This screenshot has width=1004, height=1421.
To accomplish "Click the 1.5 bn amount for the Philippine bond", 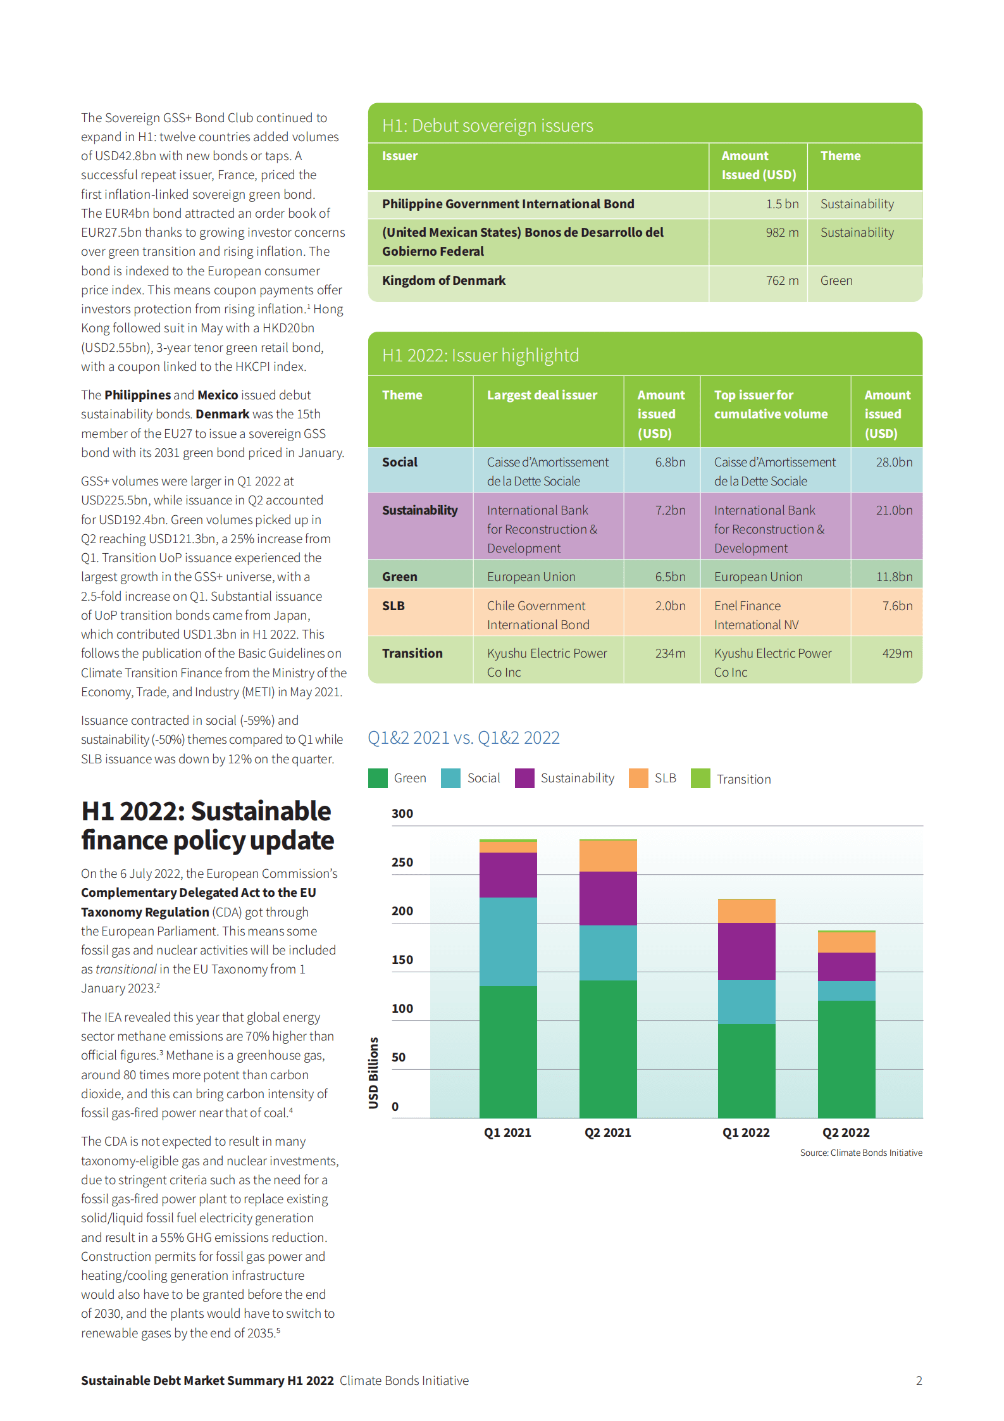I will pos(782,204).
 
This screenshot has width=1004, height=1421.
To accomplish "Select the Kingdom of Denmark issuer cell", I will pos(443,280).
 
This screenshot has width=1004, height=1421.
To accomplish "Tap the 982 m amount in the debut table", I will pos(782,232).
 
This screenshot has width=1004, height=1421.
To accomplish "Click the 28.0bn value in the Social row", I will pos(894,462).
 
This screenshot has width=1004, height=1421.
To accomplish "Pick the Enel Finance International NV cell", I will pos(756,615).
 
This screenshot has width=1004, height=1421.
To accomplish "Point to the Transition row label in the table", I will pos(412,653).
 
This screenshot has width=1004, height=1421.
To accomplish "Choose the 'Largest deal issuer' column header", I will pos(542,395).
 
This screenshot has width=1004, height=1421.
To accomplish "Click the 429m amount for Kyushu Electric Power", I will pos(897,653).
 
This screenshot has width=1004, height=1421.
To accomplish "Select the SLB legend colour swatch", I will pos(638,778).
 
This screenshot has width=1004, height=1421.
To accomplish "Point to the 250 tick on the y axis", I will pos(402,862).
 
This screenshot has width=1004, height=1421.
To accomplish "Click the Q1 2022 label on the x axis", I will pos(746,1132).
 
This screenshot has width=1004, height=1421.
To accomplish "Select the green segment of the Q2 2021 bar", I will pos(608,1048).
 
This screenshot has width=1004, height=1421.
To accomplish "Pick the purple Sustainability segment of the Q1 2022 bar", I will pos(747,951).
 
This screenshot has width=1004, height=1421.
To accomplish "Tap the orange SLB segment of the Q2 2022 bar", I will pos(846,942).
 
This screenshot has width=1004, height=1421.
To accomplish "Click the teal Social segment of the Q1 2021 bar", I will pos(508,941).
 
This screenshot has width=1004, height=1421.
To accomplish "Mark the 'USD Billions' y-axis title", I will pos(374,1072).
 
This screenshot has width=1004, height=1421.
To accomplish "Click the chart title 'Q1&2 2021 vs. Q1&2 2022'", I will pos(463,738).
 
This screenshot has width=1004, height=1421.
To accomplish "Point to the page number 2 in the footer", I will pos(919,1380).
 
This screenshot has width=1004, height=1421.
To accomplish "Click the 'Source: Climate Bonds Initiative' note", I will pos(860,1153).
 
